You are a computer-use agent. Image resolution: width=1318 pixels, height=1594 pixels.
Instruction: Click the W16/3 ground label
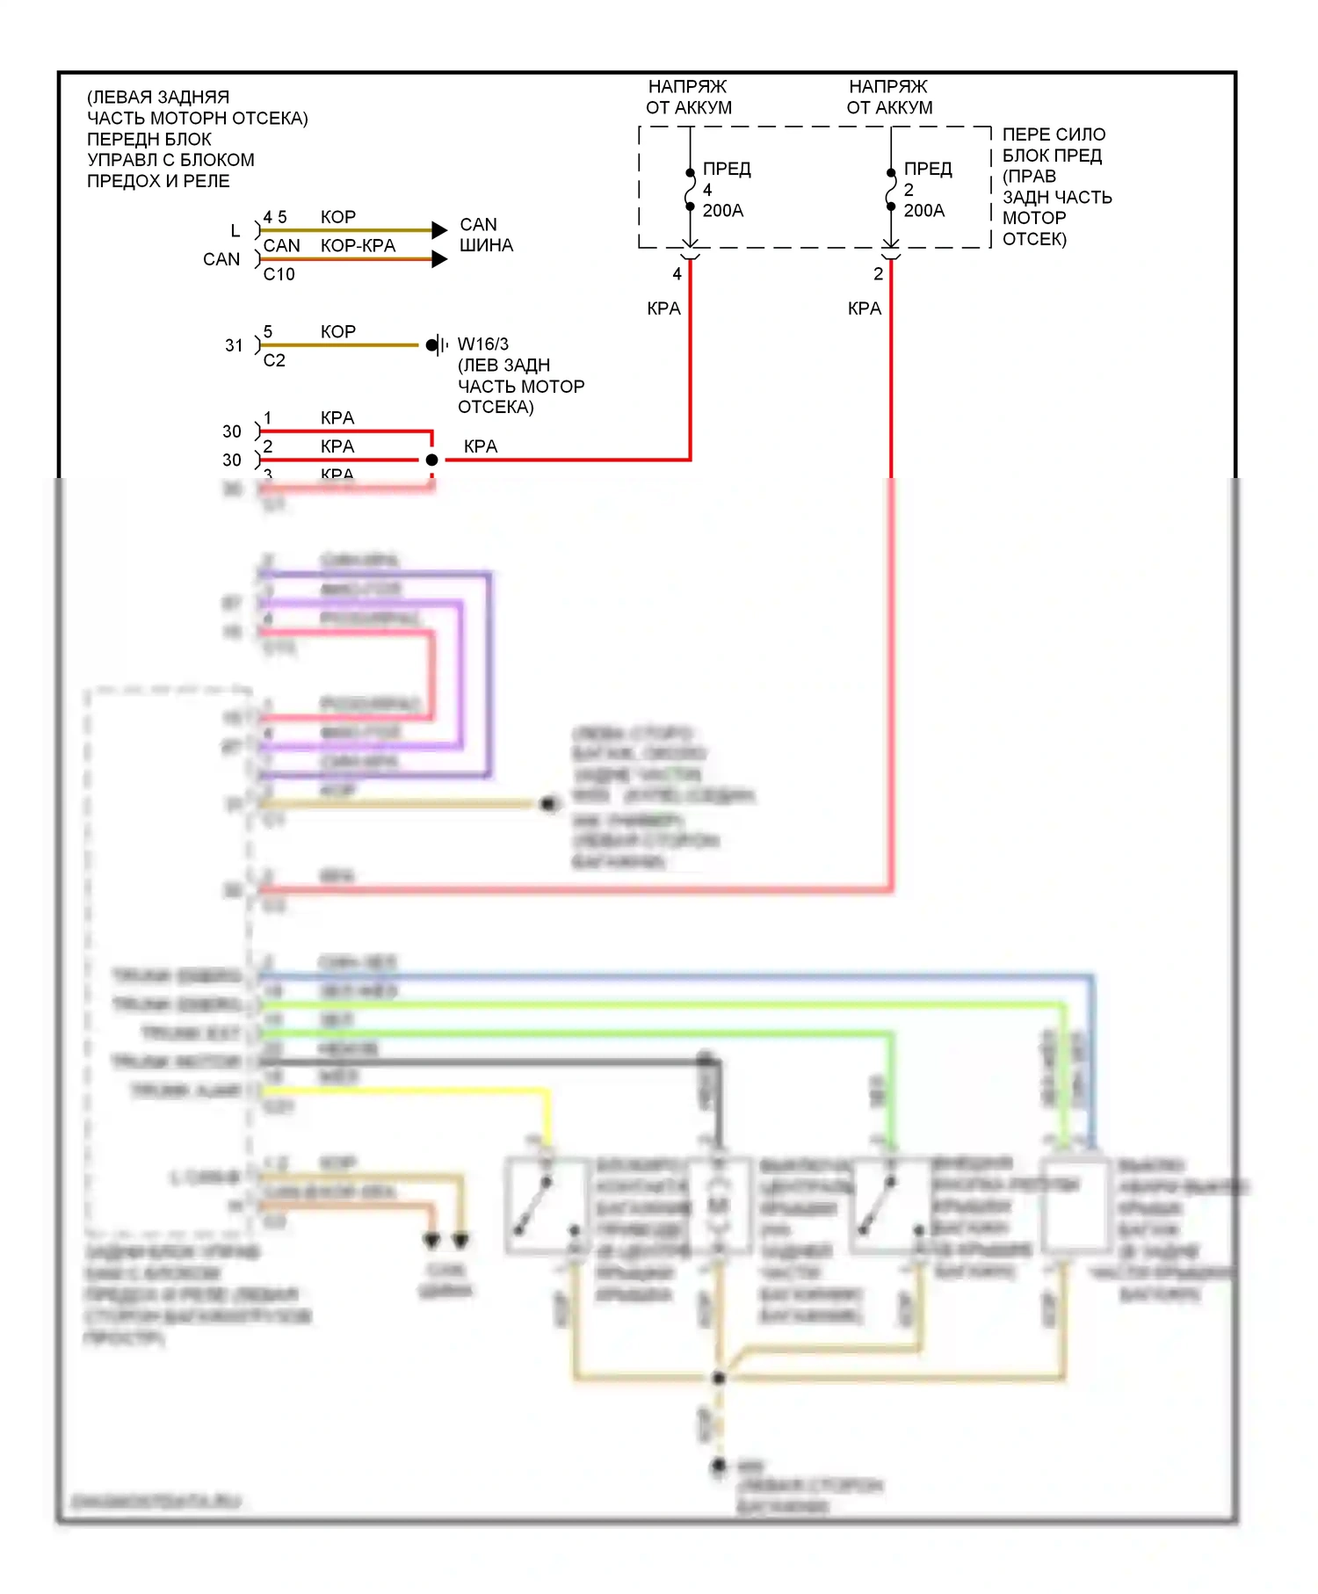coord(482,344)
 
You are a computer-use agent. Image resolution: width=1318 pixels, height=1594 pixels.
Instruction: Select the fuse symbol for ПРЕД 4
coord(691,189)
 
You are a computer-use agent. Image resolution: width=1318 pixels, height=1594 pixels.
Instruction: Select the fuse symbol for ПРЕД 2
coord(891,189)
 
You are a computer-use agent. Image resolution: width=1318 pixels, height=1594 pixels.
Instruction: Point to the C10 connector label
coord(279,274)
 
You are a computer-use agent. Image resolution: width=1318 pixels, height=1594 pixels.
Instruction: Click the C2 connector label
coord(274,360)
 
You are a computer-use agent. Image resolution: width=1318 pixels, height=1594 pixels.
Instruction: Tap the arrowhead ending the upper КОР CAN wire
coord(439,230)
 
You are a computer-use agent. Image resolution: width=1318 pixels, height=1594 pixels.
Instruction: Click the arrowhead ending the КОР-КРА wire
coord(439,259)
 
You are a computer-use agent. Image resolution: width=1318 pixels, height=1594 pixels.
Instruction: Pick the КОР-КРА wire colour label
coord(358,246)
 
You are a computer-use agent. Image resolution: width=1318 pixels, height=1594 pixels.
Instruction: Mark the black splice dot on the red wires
coord(431,460)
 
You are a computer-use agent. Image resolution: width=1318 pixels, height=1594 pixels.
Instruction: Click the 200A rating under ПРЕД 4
coord(723,211)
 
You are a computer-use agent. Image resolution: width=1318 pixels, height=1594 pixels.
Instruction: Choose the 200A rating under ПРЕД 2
coord(924,211)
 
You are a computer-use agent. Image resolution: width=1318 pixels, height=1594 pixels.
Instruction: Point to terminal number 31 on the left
coord(234,345)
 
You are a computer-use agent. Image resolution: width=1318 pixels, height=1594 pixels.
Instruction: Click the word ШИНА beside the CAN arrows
coord(486,246)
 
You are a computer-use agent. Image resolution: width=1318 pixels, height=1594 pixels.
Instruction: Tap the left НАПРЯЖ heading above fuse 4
coord(687,87)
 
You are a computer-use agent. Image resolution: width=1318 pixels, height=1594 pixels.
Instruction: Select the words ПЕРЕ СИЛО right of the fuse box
coord(1054,134)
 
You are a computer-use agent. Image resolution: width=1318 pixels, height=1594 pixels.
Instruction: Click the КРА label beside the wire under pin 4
coord(663,308)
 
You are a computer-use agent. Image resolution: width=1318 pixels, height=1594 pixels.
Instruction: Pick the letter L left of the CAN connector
coord(235,231)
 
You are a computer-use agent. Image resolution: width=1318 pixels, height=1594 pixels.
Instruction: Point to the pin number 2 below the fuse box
coord(878,274)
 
